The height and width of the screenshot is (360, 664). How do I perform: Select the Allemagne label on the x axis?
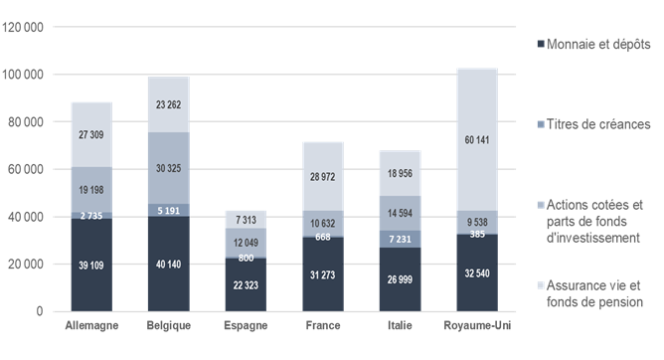(90, 326)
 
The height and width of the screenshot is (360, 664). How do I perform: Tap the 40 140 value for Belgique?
(169, 264)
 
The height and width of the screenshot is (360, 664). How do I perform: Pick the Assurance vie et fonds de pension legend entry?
(593, 293)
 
